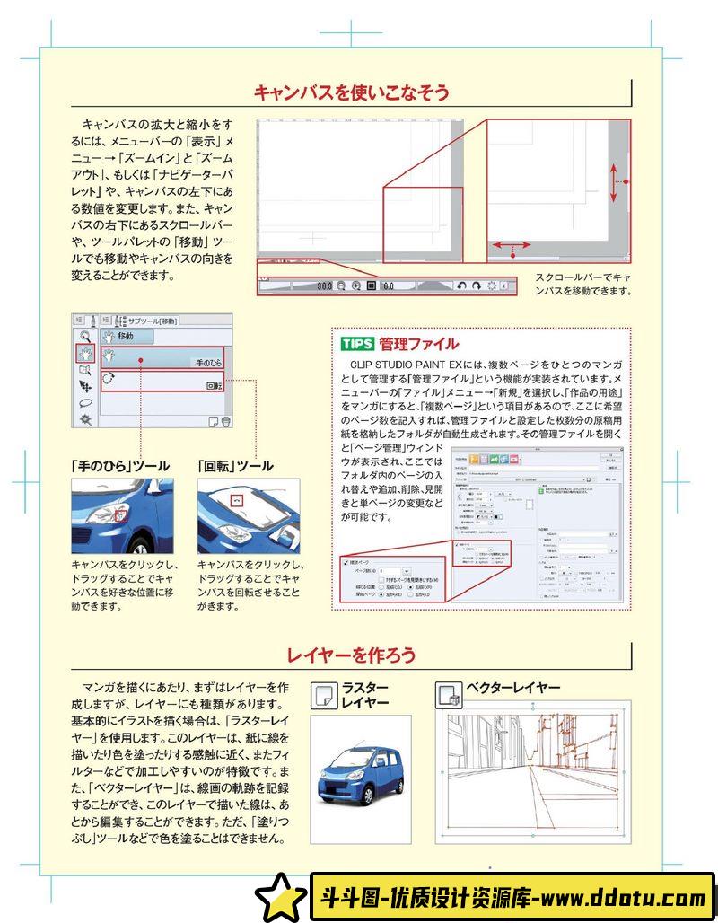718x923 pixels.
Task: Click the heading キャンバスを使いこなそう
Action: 351,92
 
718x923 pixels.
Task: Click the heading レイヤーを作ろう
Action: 351,655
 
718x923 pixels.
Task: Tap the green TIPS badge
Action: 357,344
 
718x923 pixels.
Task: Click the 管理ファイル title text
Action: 418,344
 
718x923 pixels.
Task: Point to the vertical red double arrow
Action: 615,181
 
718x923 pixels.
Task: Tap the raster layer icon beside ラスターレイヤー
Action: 322,695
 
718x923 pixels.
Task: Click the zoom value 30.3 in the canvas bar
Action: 324,286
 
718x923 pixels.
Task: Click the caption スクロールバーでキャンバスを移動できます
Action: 583,284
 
